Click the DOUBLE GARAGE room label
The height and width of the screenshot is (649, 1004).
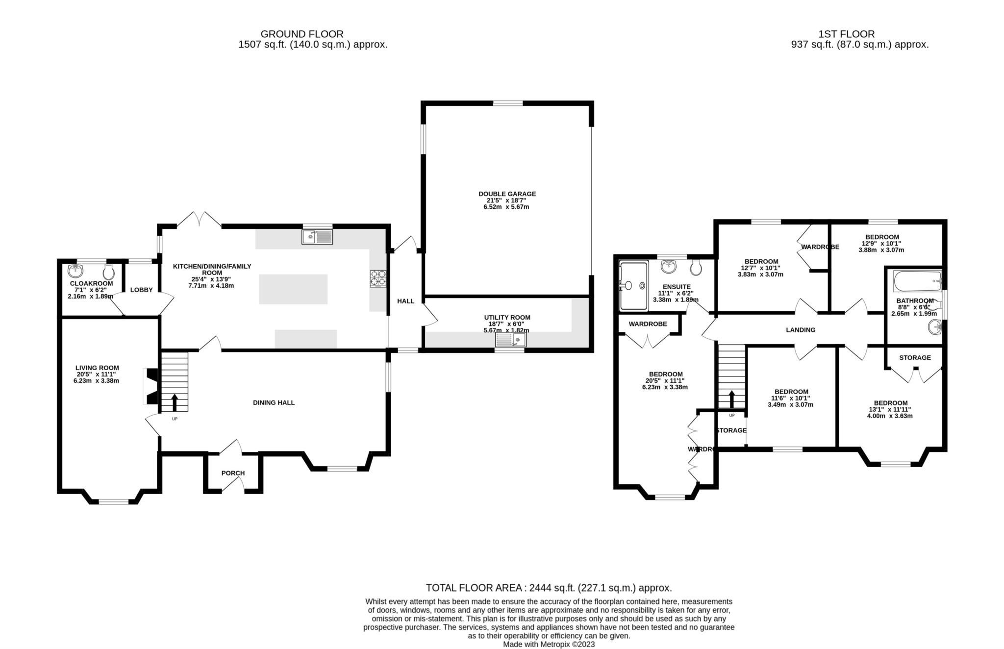click(x=507, y=194)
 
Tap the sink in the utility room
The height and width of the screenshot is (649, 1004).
click(x=510, y=340)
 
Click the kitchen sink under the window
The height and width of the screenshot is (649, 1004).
click(x=317, y=237)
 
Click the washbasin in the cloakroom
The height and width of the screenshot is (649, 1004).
click(x=75, y=270)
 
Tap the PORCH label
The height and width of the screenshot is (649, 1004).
click(x=233, y=473)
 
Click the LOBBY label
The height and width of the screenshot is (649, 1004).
click(x=141, y=290)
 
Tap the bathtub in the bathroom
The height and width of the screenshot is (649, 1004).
click(x=917, y=281)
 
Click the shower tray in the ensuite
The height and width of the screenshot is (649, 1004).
click(x=633, y=285)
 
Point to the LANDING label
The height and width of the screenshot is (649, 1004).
click(x=801, y=330)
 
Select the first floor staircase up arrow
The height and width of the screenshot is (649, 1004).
click(x=732, y=399)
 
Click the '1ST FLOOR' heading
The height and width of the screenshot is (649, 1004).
click(x=846, y=34)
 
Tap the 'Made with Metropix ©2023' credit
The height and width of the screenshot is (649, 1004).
click(x=549, y=645)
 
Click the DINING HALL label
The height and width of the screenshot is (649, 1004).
click(x=274, y=402)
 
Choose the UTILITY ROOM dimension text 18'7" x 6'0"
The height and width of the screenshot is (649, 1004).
click(x=507, y=324)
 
